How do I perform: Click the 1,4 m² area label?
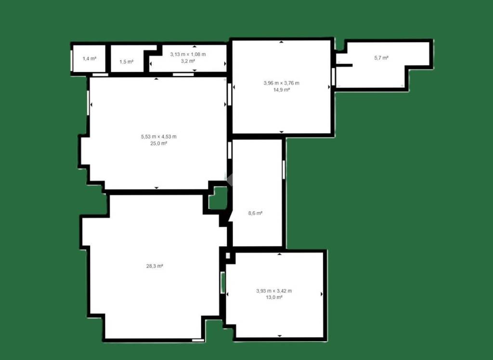click(x=89, y=59)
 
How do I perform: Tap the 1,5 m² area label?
click(x=127, y=62)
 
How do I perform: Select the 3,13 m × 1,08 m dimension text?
click(x=188, y=54)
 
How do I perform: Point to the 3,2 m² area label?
click(x=188, y=61)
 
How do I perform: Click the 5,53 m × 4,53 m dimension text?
click(x=159, y=137)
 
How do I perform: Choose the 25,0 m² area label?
click(x=159, y=143)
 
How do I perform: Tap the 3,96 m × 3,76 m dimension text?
click(x=281, y=83)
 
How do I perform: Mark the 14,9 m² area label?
click(x=281, y=90)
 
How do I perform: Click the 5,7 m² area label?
click(x=381, y=58)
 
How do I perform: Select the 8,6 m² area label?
click(x=255, y=213)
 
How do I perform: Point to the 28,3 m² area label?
click(x=155, y=266)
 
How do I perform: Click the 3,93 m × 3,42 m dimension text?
click(x=274, y=291)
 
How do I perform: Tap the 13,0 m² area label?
click(x=274, y=297)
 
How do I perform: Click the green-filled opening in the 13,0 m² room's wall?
click(x=223, y=283)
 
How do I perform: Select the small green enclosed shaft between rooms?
click(x=218, y=198)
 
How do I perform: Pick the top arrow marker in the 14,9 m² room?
click(x=281, y=42)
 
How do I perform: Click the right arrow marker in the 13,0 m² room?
click(x=322, y=294)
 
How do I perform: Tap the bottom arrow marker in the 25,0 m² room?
click(x=156, y=188)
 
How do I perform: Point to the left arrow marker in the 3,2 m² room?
click(x=151, y=64)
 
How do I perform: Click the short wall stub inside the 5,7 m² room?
click(x=345, y=65)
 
